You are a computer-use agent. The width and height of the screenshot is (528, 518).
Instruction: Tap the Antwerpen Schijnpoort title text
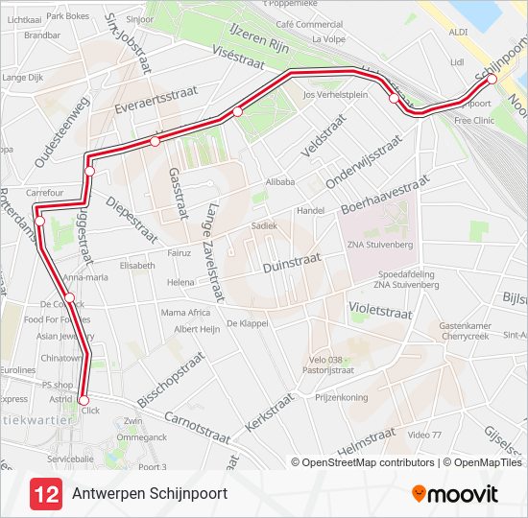click(x=150, y=494)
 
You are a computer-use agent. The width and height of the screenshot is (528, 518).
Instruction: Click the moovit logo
click(x=455, y=494)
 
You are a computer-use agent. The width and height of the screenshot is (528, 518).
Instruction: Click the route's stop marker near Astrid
click(x=84, y=400)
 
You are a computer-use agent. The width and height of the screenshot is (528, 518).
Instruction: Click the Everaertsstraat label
click(x=148, y=100)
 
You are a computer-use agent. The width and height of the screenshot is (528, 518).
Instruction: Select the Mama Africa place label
click(x=185, y=313)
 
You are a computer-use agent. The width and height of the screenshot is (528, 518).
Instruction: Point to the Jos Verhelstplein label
click(x=335, y=95)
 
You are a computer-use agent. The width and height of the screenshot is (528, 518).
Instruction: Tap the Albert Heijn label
click(x=197, y=328)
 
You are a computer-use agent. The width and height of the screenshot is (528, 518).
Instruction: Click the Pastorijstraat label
click(x=328, y=368)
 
